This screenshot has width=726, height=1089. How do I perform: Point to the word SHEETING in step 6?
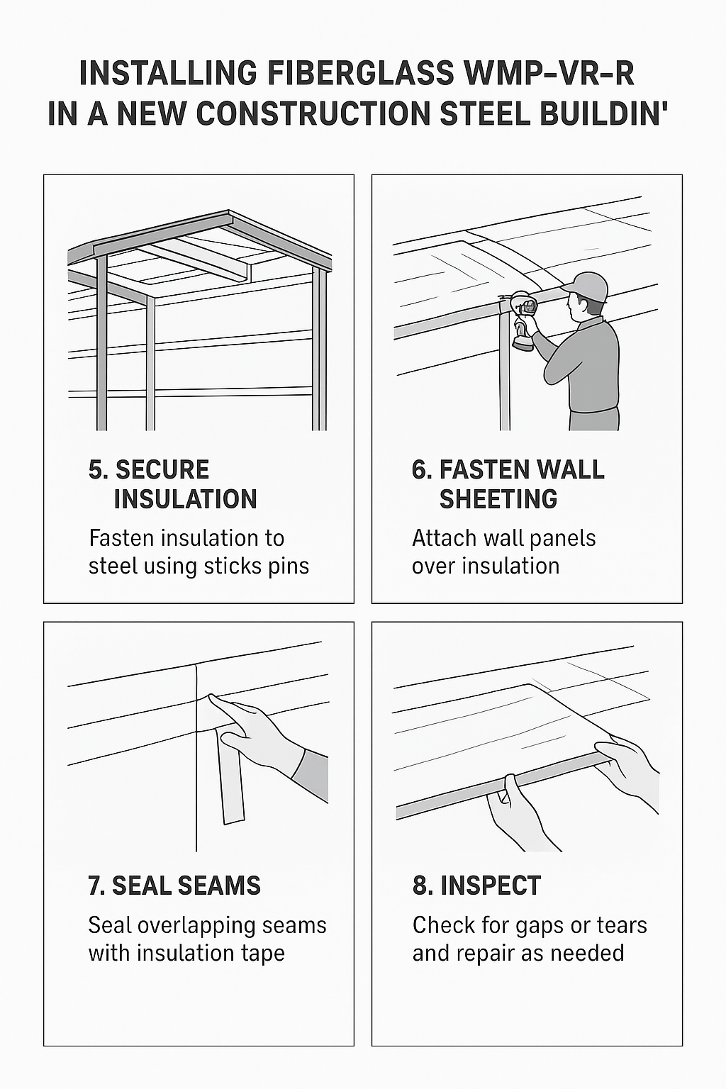[498, 500]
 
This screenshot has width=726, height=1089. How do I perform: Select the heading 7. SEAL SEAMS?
[174, 886]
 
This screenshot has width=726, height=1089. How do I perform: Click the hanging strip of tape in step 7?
[230, 780]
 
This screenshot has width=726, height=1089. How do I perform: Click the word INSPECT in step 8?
[490, 886]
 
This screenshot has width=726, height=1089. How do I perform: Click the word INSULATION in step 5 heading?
[185, 500]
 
